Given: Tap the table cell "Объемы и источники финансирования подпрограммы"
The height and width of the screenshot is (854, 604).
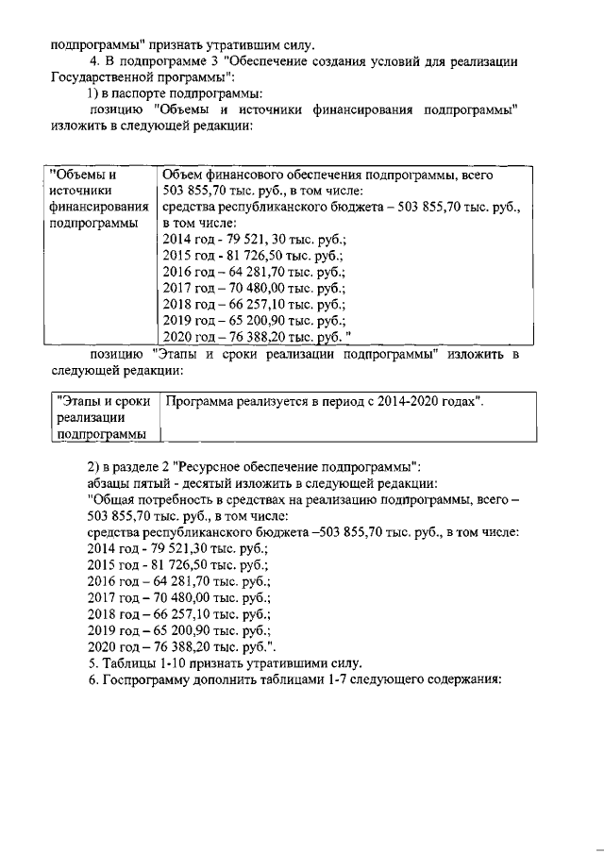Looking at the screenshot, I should tap(99, 199).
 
